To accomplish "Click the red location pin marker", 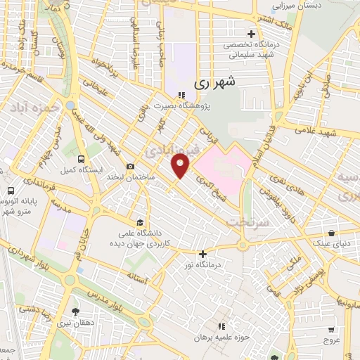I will point(181,166).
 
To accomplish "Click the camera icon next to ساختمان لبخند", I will point(131,166).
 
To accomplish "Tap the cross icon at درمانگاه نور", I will point(203,254).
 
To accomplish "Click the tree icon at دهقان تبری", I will point(75,311).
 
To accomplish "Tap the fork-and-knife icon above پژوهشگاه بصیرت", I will point(181,95).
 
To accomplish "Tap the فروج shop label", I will point(332,340).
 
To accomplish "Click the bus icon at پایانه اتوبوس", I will point(11,190).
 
